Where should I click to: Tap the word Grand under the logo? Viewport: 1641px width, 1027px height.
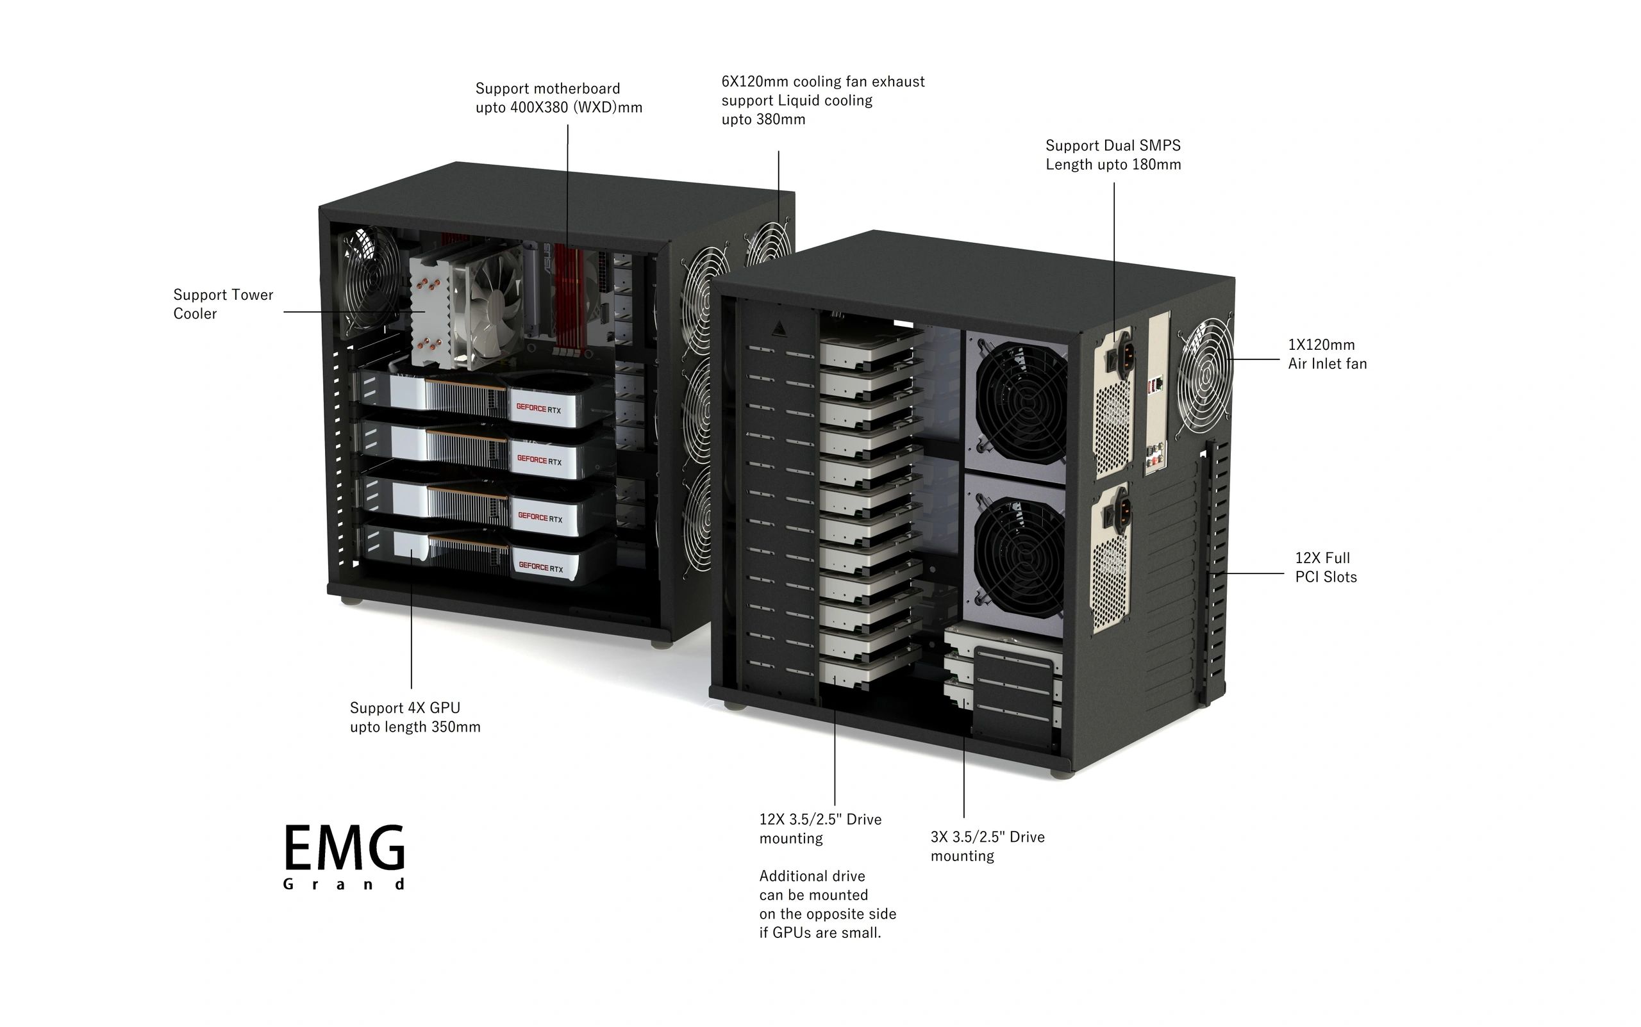point(344,883)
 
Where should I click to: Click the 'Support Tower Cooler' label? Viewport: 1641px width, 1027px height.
point(223,304)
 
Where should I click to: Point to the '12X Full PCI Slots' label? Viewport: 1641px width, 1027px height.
point(1325,567)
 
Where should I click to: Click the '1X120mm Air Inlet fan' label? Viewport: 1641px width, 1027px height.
point(1326,354)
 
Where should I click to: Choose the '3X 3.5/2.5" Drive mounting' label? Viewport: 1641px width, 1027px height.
point(987,846)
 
